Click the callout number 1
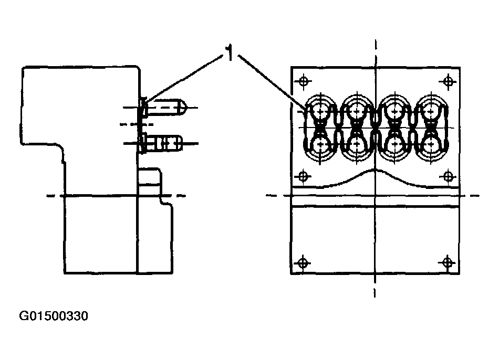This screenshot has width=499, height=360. coord(229,52)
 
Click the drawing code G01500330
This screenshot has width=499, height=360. coord(54,316)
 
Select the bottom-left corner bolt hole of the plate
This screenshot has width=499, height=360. coord(302,263)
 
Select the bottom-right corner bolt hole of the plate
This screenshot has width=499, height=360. coord(448,262)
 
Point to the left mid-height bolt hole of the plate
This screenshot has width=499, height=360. coord(302,176)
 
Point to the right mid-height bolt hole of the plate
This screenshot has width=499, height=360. coord(448,176)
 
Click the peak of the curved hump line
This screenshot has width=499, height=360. coord(375,170)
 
